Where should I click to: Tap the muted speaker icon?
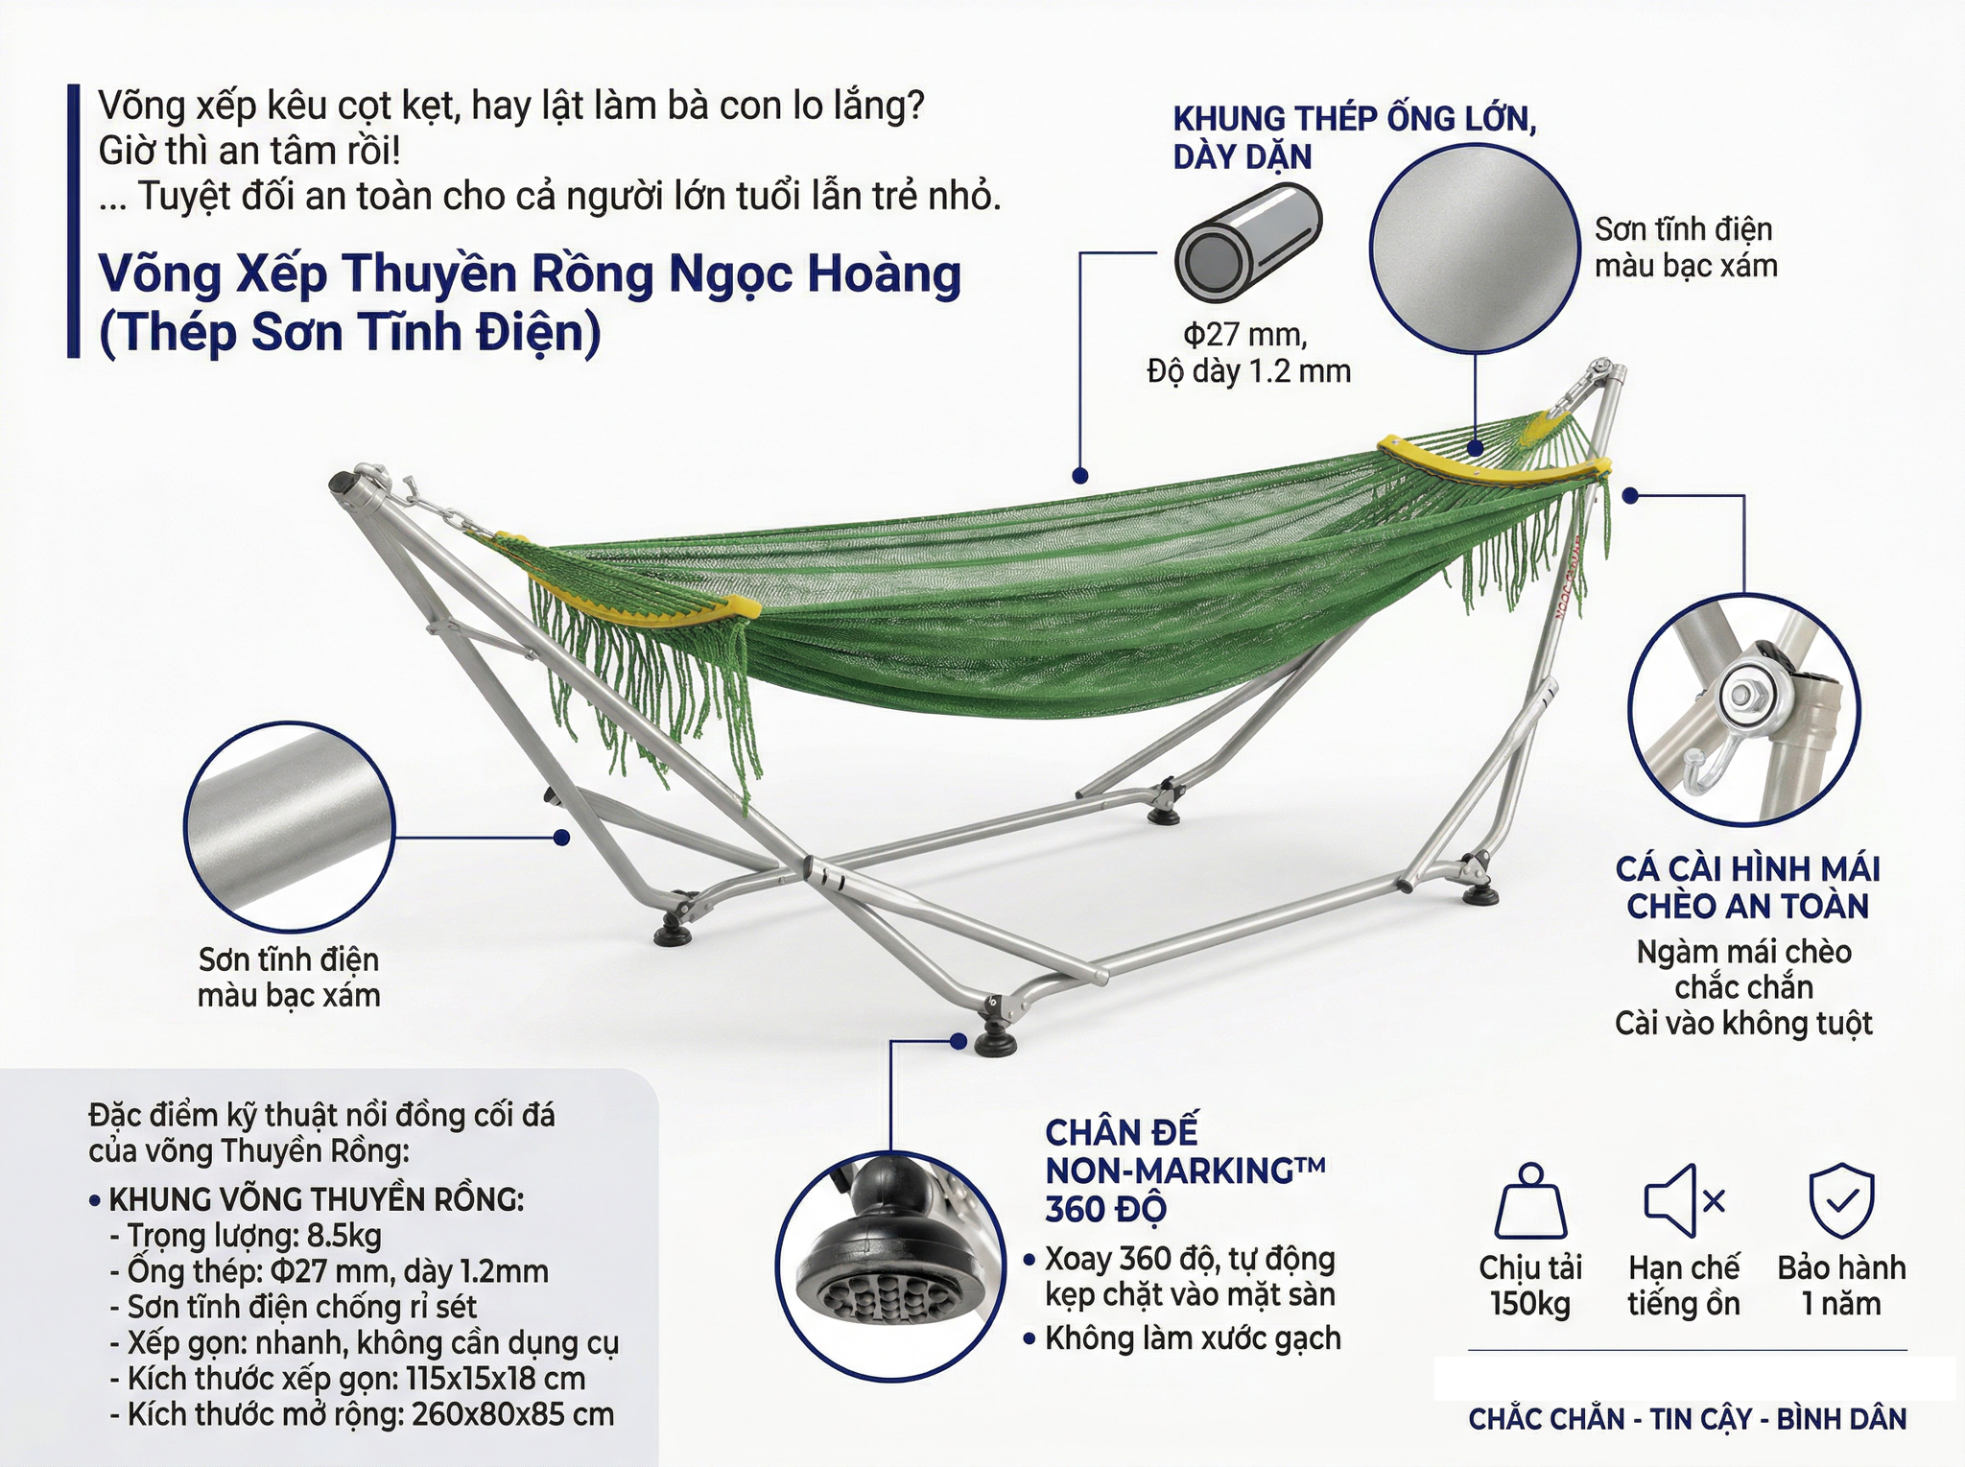point(1684,1200)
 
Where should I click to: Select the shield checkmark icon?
point(1841,1201)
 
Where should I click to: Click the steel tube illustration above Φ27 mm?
point(1248,243)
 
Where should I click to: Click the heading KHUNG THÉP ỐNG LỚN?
point(1355,119)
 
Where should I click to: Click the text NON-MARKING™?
point(1186,1171)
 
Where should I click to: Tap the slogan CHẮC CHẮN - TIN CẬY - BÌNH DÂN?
point(1688,1419)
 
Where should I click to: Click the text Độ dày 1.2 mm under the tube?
point(1248,371)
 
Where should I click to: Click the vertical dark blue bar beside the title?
point(74,222)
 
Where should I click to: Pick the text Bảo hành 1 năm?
point(1841,1286)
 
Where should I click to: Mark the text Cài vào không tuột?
point(1743,1023)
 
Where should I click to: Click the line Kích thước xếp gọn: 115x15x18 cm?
point(356,1379)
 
